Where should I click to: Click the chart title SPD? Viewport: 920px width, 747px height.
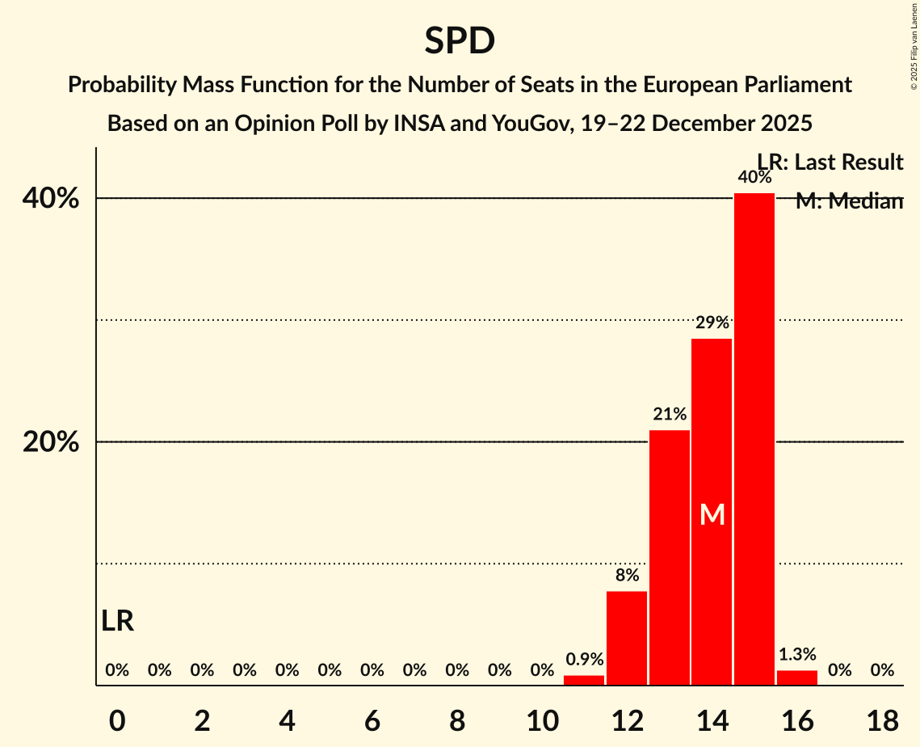pyautogui.click(x=460, y=40)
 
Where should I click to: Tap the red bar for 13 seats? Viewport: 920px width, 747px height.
pyautogui.click(x=670, y=557)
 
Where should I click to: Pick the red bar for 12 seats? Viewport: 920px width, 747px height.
pyautogui.click(x=627, y=638)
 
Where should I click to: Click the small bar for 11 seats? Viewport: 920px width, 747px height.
pyautogui.click(x=584, y=680)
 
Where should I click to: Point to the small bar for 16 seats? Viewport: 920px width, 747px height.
pyautogui.click(x=797, y=677)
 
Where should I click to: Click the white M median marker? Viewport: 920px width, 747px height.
pyautogui.click(x=712, y=515)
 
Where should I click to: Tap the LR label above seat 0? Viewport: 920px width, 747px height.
pyautogui.click(x=118, y=621)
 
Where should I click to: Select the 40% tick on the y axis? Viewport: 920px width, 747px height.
pyautogui.click(x=56, y=198)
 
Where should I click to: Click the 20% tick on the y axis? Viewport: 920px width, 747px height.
pyautogui.click(x=56, y=442)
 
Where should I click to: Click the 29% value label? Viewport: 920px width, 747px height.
pyautogui.click(x=712, y=323)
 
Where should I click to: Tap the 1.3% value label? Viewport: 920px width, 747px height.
pyautogui.click(x=797, y=654)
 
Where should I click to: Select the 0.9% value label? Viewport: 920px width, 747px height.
pyautogui.click(x=584, y=659)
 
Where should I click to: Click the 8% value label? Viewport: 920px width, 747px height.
pyautogui.click(x=627, y=576)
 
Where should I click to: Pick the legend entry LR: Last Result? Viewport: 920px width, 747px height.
pyautogui.click(x=830, y=162)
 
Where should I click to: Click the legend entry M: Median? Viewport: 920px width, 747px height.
pyautogui.click(x=849, y=201)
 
